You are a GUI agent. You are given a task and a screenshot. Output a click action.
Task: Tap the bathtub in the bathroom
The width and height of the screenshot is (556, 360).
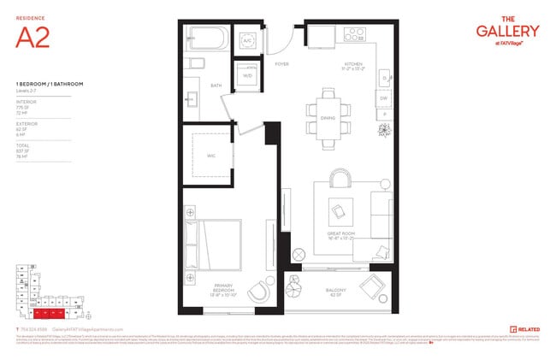point(209,40)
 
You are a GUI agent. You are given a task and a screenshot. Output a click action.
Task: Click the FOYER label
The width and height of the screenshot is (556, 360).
point(281,63)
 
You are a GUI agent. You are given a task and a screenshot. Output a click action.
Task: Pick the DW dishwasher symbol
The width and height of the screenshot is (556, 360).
point(383,97)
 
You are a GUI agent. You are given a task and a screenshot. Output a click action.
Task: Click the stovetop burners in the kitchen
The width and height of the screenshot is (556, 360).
point(355,36)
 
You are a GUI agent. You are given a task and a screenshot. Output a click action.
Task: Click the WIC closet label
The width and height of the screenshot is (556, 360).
point(210,155)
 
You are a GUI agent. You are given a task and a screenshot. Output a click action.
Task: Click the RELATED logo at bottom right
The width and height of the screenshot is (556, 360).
point(524,328)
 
